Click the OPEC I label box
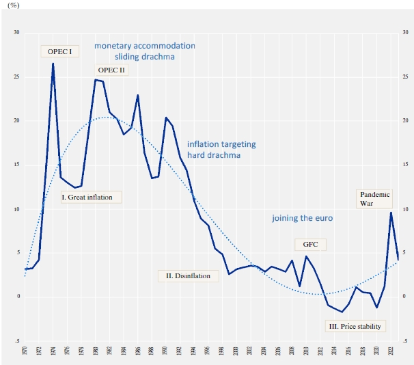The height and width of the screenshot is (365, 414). (60, 51)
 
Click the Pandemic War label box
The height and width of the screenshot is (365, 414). (375, 198)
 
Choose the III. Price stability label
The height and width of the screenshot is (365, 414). (355, 326)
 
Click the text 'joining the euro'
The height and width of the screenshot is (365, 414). (301, 218)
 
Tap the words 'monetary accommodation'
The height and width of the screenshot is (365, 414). (144, 45)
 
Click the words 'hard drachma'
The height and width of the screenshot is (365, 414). (213, 155)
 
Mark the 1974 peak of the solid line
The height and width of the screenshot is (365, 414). (53, 64)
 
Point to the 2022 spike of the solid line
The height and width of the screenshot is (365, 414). (391, 213)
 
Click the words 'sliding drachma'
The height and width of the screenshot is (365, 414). (144, 57)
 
